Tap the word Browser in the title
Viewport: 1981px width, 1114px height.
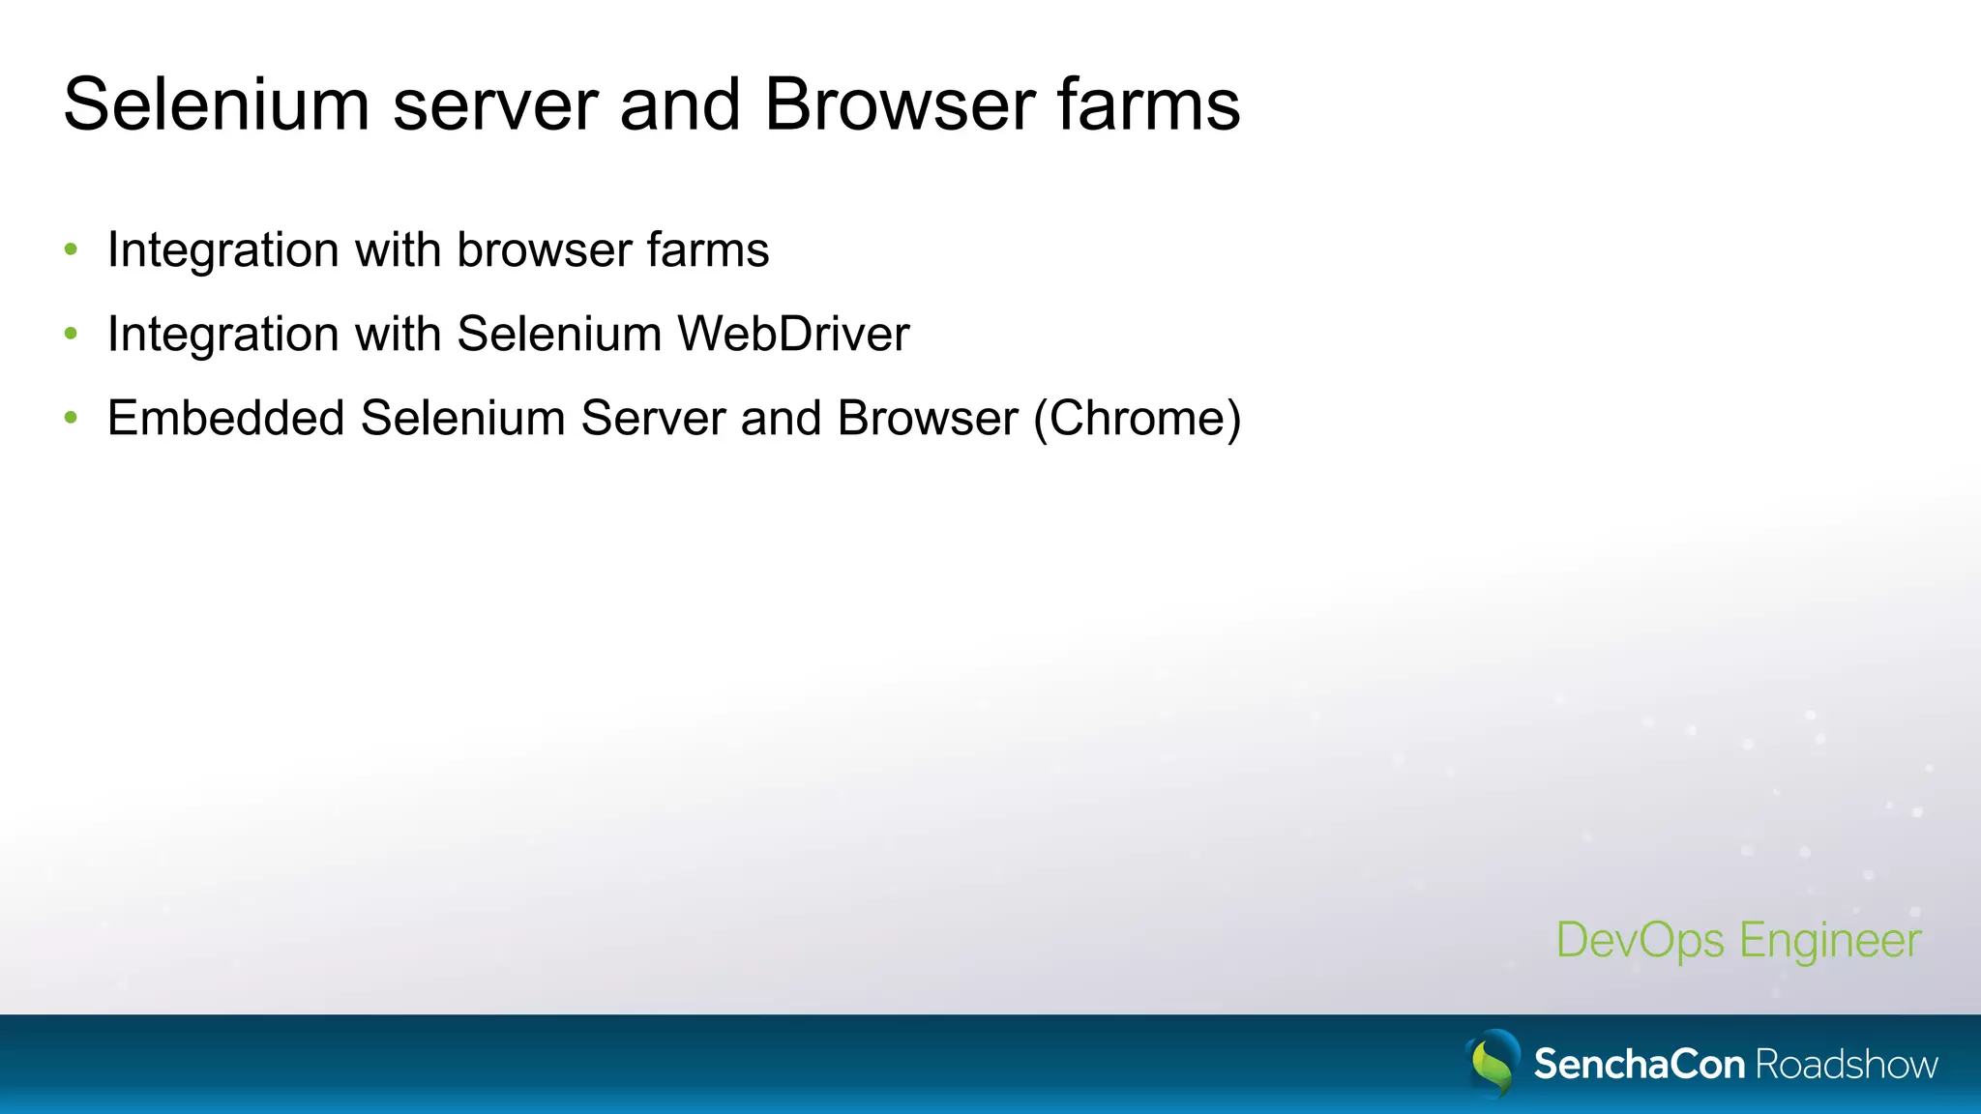coord(900,104)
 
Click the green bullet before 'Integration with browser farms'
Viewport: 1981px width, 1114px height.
coord(71,250)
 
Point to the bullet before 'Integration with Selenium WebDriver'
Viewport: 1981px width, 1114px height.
coord(71,335)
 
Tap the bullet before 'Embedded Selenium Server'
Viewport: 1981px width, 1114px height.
coord(71,419)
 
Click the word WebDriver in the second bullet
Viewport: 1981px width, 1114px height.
coord(793,335)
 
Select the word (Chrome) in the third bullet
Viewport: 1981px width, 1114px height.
coord(1137,419)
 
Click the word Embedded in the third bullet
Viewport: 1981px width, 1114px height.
coord(225,419)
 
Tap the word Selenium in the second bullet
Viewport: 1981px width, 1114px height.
coord(559,335)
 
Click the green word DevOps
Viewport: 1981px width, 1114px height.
coord(1640,941)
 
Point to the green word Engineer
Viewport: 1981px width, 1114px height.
coord(1830,941)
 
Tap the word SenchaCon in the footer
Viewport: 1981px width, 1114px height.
coord(1639,1065)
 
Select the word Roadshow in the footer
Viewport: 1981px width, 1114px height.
coord(1847,1065)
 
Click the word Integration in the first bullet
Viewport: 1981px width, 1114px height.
coord(222,250)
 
